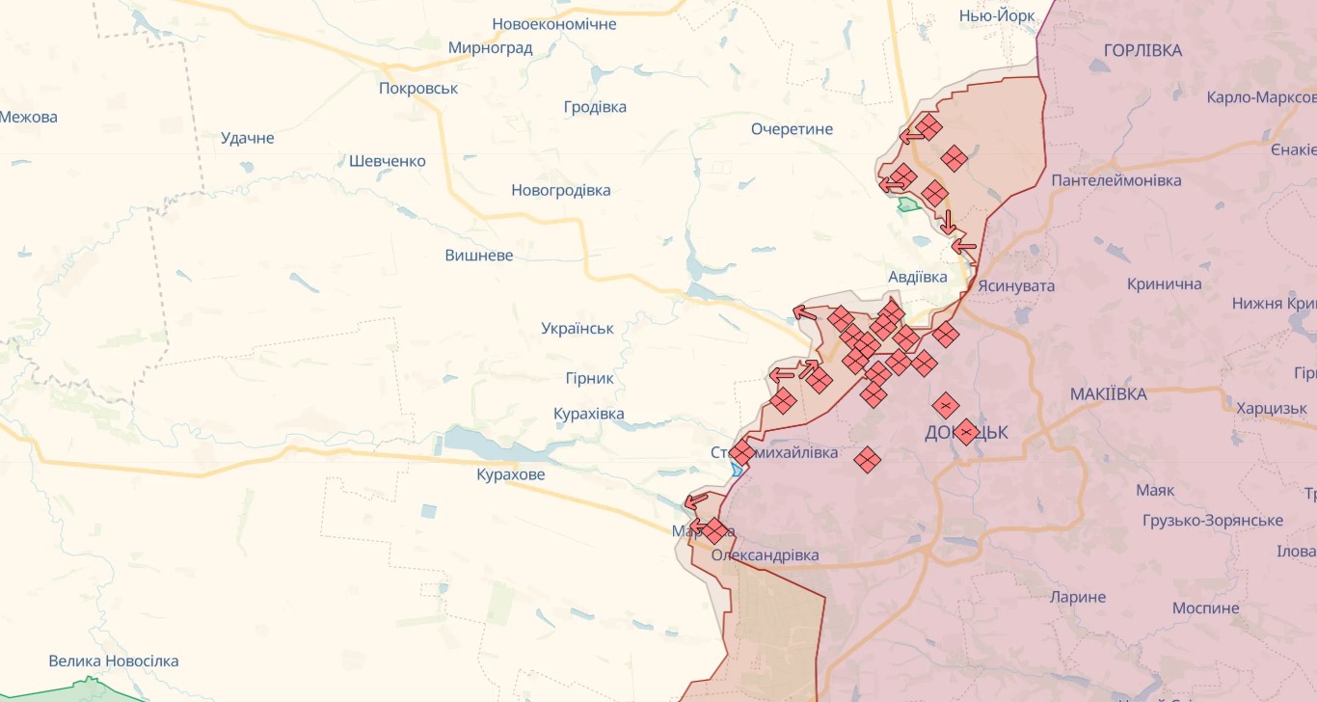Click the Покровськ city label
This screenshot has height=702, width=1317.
(418, 88)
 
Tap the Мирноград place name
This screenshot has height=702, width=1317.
(490, 47)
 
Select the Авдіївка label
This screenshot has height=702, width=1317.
(917, 277)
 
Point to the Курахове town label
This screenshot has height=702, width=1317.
(510, 474)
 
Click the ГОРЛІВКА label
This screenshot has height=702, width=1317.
(1142, 50)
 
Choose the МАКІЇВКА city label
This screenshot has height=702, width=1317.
(1108, 393)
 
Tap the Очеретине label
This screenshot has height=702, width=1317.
(792, 129)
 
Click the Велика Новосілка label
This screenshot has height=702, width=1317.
(114, 661)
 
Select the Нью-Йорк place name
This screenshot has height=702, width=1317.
(997, 15)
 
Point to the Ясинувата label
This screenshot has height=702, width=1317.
(1016, 285)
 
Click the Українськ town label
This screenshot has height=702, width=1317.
(578, 328)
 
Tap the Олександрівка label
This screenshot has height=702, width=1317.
(765, 555)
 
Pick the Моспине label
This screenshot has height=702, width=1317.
(1205, 607)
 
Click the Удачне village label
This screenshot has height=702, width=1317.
(247, 138)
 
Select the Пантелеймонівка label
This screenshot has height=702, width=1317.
(1115, 180)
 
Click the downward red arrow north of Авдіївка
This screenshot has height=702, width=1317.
(949, 222)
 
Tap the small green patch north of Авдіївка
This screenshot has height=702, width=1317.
(908, 203)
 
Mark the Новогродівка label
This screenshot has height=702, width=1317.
(560, 190)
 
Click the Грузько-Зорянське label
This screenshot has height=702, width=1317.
(1212, 520)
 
